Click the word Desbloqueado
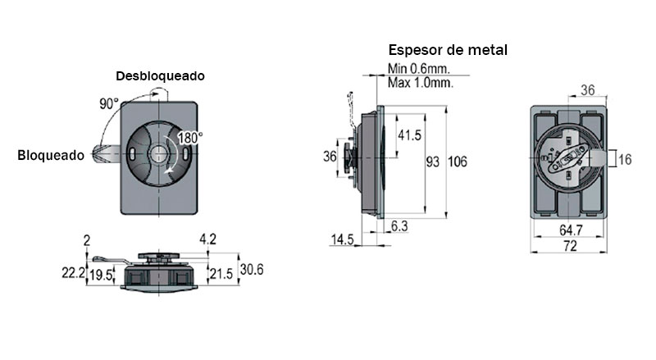tap(160, 75)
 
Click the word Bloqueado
tap(50, 155)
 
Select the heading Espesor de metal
tap(448, 50)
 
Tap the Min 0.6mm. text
tap(417, 70)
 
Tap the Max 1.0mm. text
tap(419, 83)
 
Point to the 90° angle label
tap(109, 104)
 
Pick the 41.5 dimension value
tap(408, 134)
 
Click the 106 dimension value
tap(457, 162)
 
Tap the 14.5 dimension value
tap(342, 239)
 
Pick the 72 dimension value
tap(569, 246)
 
